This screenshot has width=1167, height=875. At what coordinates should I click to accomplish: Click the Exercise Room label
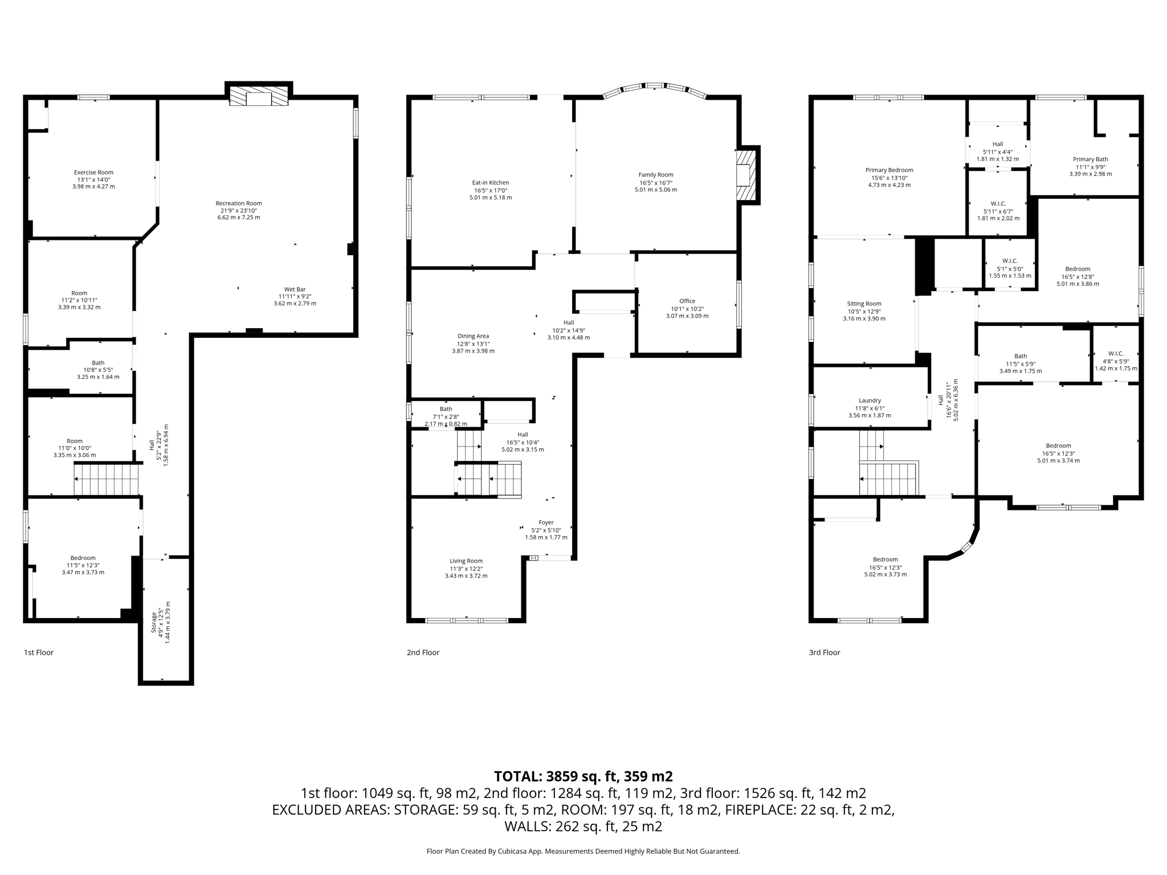(93, 172)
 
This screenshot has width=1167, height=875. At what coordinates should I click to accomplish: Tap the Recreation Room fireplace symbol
(259, 96)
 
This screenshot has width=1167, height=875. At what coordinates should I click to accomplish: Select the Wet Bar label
(295, 289)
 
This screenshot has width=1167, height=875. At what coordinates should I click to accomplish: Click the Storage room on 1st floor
(165, 621)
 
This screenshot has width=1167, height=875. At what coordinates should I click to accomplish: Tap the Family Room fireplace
(745, 175)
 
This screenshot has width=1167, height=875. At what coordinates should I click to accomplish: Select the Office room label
(687, 301)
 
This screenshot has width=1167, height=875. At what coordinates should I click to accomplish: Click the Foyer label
(546, 522)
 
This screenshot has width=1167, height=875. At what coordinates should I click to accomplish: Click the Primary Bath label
(1090, 160)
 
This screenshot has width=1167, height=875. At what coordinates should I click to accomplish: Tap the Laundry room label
(870, 400)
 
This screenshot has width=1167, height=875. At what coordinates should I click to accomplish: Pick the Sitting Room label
(864, 304)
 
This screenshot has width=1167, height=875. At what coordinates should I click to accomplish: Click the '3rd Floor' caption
(824, 652)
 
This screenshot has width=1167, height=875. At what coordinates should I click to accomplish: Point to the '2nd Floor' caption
(423, 652)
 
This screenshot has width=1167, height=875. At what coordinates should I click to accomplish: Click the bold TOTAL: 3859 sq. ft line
(583, 776)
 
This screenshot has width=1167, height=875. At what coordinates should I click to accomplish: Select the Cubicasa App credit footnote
(583, 851)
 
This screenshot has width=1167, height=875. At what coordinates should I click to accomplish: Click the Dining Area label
(473, 336)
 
